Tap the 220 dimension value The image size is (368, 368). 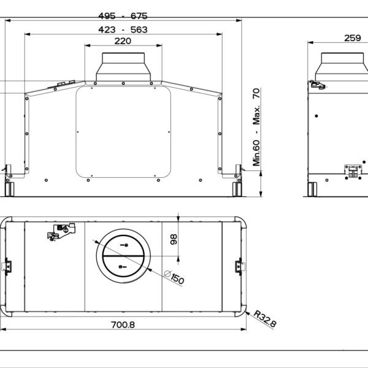pos(123,41)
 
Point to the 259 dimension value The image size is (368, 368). pos(352,38)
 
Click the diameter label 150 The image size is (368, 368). pos(177,279)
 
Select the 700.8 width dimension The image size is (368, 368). pos(123,324)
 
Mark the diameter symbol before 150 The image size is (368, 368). pos(168,274)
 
